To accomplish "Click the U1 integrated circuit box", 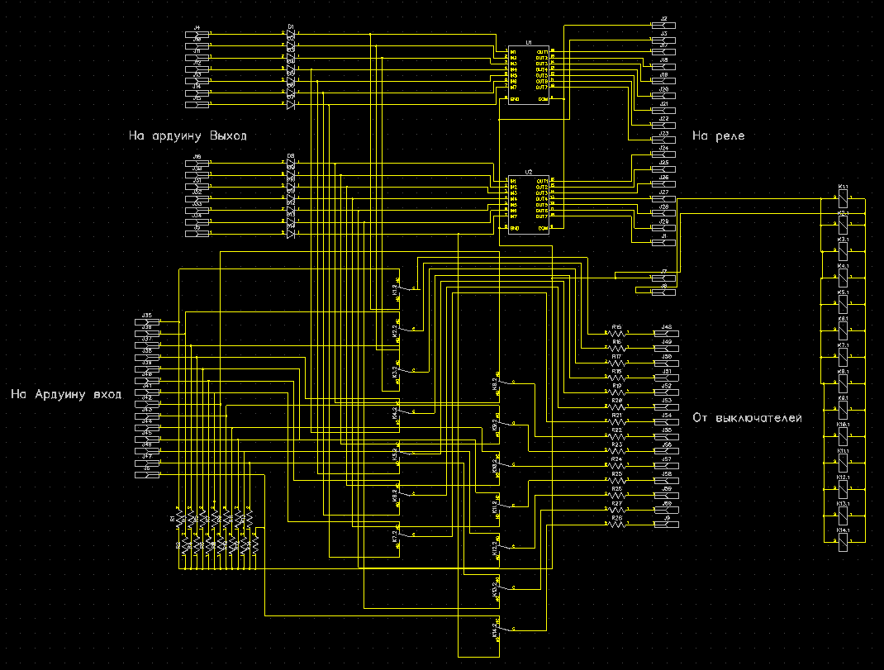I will tap(528, 75).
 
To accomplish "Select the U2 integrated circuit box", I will tap(528, 203).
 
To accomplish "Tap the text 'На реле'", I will tap(718, 135).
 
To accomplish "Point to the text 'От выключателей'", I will tap(747, 418).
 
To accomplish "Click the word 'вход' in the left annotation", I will tap(106, 394).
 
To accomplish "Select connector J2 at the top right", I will tap(664, 26).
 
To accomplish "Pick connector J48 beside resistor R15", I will tap(666, 334).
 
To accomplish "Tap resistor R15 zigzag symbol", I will tap(617, 334).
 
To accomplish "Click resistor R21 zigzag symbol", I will tap(617, 422).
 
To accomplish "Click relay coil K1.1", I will tap(843, 202).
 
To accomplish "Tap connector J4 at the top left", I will tap(197, 34).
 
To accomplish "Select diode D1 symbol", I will tap(291, 34).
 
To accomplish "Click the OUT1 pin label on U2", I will tap(542, 181).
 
